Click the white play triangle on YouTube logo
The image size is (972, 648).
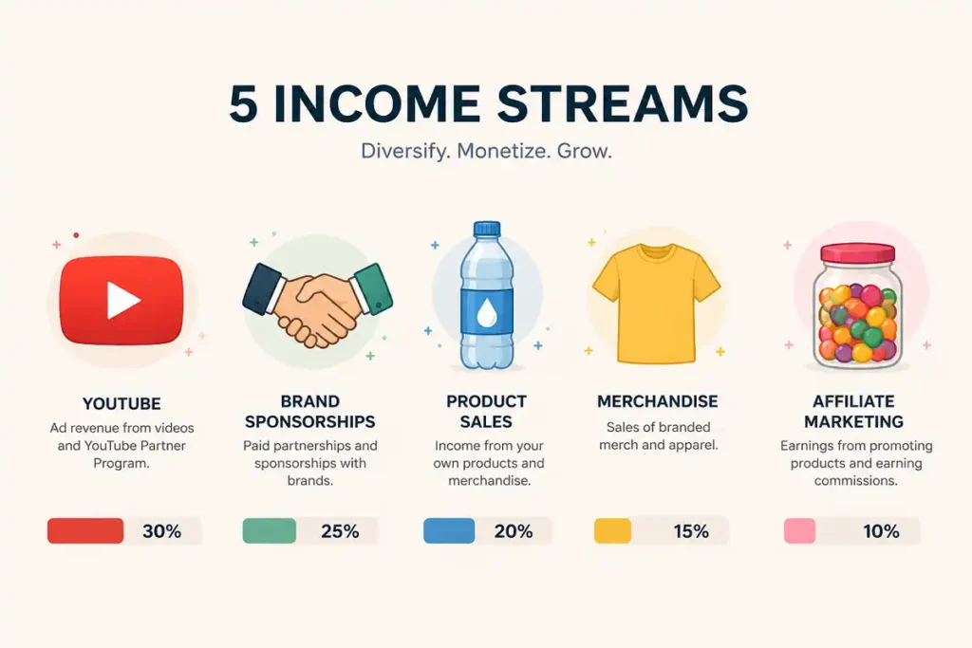click(x=122, y=301)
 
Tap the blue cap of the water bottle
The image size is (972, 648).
click(x=487, y=229)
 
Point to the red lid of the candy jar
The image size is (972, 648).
click(x=857, y=253)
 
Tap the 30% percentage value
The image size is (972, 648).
click(x=161, y=531)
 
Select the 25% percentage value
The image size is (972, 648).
click(x=340, y=531)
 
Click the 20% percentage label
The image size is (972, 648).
click(x=514, y=531)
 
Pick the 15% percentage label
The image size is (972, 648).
click(x=691, y=531)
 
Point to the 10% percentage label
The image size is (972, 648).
click(x=881, y=531)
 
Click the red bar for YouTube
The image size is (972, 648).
click(x=85, y=531)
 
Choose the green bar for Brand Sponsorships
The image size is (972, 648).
click(x=270, y=531)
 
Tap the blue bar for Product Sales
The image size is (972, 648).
click(x=449, y=531)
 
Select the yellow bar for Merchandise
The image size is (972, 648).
click(x=612, y=531)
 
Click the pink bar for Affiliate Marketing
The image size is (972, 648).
click(x=799, y=531)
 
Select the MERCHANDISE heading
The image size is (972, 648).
click(x=658, y=401)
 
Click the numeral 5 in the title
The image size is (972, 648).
click(x=244, y=105)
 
